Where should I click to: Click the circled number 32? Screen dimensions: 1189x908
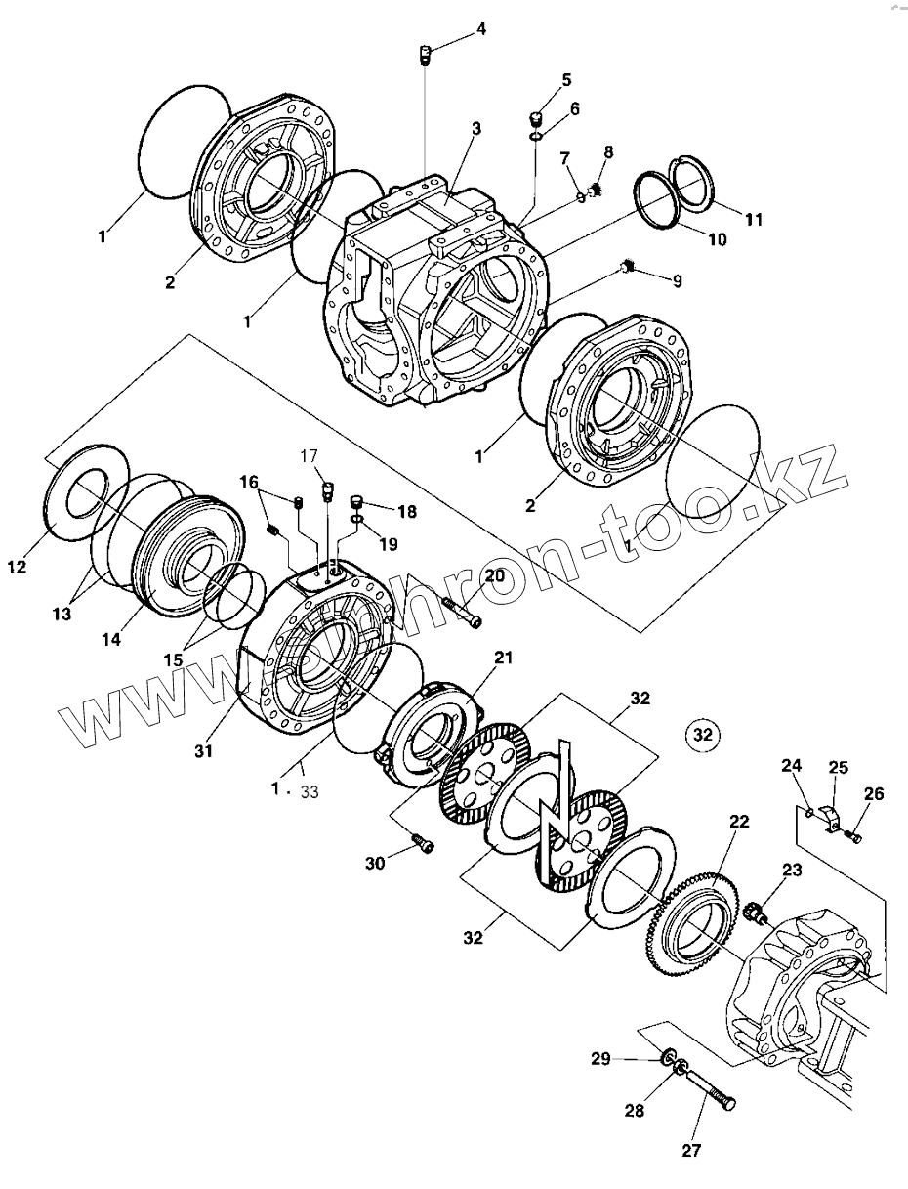[x=703, y=733]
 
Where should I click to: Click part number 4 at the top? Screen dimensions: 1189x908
[x=481, y=29]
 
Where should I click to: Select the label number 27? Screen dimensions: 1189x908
[x=691, y=1150]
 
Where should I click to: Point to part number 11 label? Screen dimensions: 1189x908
[x=753, y=220]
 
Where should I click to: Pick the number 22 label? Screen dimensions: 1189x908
[x=739, y=822]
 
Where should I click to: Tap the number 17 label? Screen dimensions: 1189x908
[x=309, y=455]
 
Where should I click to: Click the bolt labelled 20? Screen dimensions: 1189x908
[x=461, y=614]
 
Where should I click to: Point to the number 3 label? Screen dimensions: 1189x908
[x=475, y=128]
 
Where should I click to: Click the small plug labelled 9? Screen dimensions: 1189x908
[x=630, y=265]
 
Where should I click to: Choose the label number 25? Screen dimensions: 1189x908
[x=839, y=768]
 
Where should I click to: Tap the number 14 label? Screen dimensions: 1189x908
[x=111, y=639]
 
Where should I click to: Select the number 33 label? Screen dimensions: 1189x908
[x=310, y=791]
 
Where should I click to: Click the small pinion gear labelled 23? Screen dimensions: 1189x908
[x=756, y=914]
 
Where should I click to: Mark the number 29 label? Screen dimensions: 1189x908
[x=601, y=1058]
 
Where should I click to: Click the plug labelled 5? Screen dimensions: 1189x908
[x=535, y=120]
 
